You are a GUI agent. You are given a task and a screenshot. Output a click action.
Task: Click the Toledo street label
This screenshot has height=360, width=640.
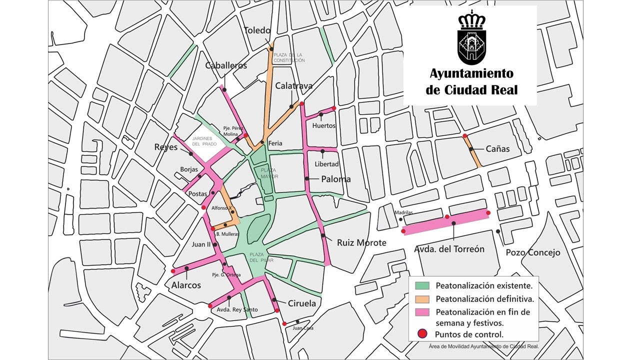point(257,30)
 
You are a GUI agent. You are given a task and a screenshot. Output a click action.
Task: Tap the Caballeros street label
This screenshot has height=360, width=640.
point(226,66)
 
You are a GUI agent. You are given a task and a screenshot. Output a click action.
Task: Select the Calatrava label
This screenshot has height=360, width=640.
point(293,86)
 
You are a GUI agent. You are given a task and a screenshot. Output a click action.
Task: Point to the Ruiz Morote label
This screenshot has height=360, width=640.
point(361,243)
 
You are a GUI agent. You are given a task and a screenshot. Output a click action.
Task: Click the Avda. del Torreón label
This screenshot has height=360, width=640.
point(449,249)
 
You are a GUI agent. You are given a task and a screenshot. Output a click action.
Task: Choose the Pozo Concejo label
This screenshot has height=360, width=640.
point(533,252)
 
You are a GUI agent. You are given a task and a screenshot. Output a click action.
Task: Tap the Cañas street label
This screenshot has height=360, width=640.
point(497,149)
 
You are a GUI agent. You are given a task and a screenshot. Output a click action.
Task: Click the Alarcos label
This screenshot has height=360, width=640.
point(186,285)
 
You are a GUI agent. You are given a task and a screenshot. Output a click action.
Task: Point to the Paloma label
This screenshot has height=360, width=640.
point(335,179)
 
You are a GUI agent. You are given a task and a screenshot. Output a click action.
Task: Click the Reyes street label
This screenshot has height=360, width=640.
point(166,147)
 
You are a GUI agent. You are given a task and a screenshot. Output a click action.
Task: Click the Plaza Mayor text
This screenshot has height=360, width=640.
point(269,173)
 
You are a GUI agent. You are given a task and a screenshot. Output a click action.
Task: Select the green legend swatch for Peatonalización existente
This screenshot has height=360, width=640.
point(422,286)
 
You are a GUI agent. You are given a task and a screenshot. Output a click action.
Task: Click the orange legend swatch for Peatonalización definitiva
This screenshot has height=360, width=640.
point(422,299)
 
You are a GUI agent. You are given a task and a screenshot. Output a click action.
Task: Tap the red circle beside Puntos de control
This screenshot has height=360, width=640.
point(422,334)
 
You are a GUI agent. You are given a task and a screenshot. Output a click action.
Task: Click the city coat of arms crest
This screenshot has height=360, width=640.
point(471,37)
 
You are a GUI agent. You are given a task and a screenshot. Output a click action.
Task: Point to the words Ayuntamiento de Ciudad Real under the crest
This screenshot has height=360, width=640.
point(471,81)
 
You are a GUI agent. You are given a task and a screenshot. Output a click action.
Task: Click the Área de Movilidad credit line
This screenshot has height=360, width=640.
point(483,346)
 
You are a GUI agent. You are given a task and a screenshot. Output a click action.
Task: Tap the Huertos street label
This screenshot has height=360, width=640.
point(323,126)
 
